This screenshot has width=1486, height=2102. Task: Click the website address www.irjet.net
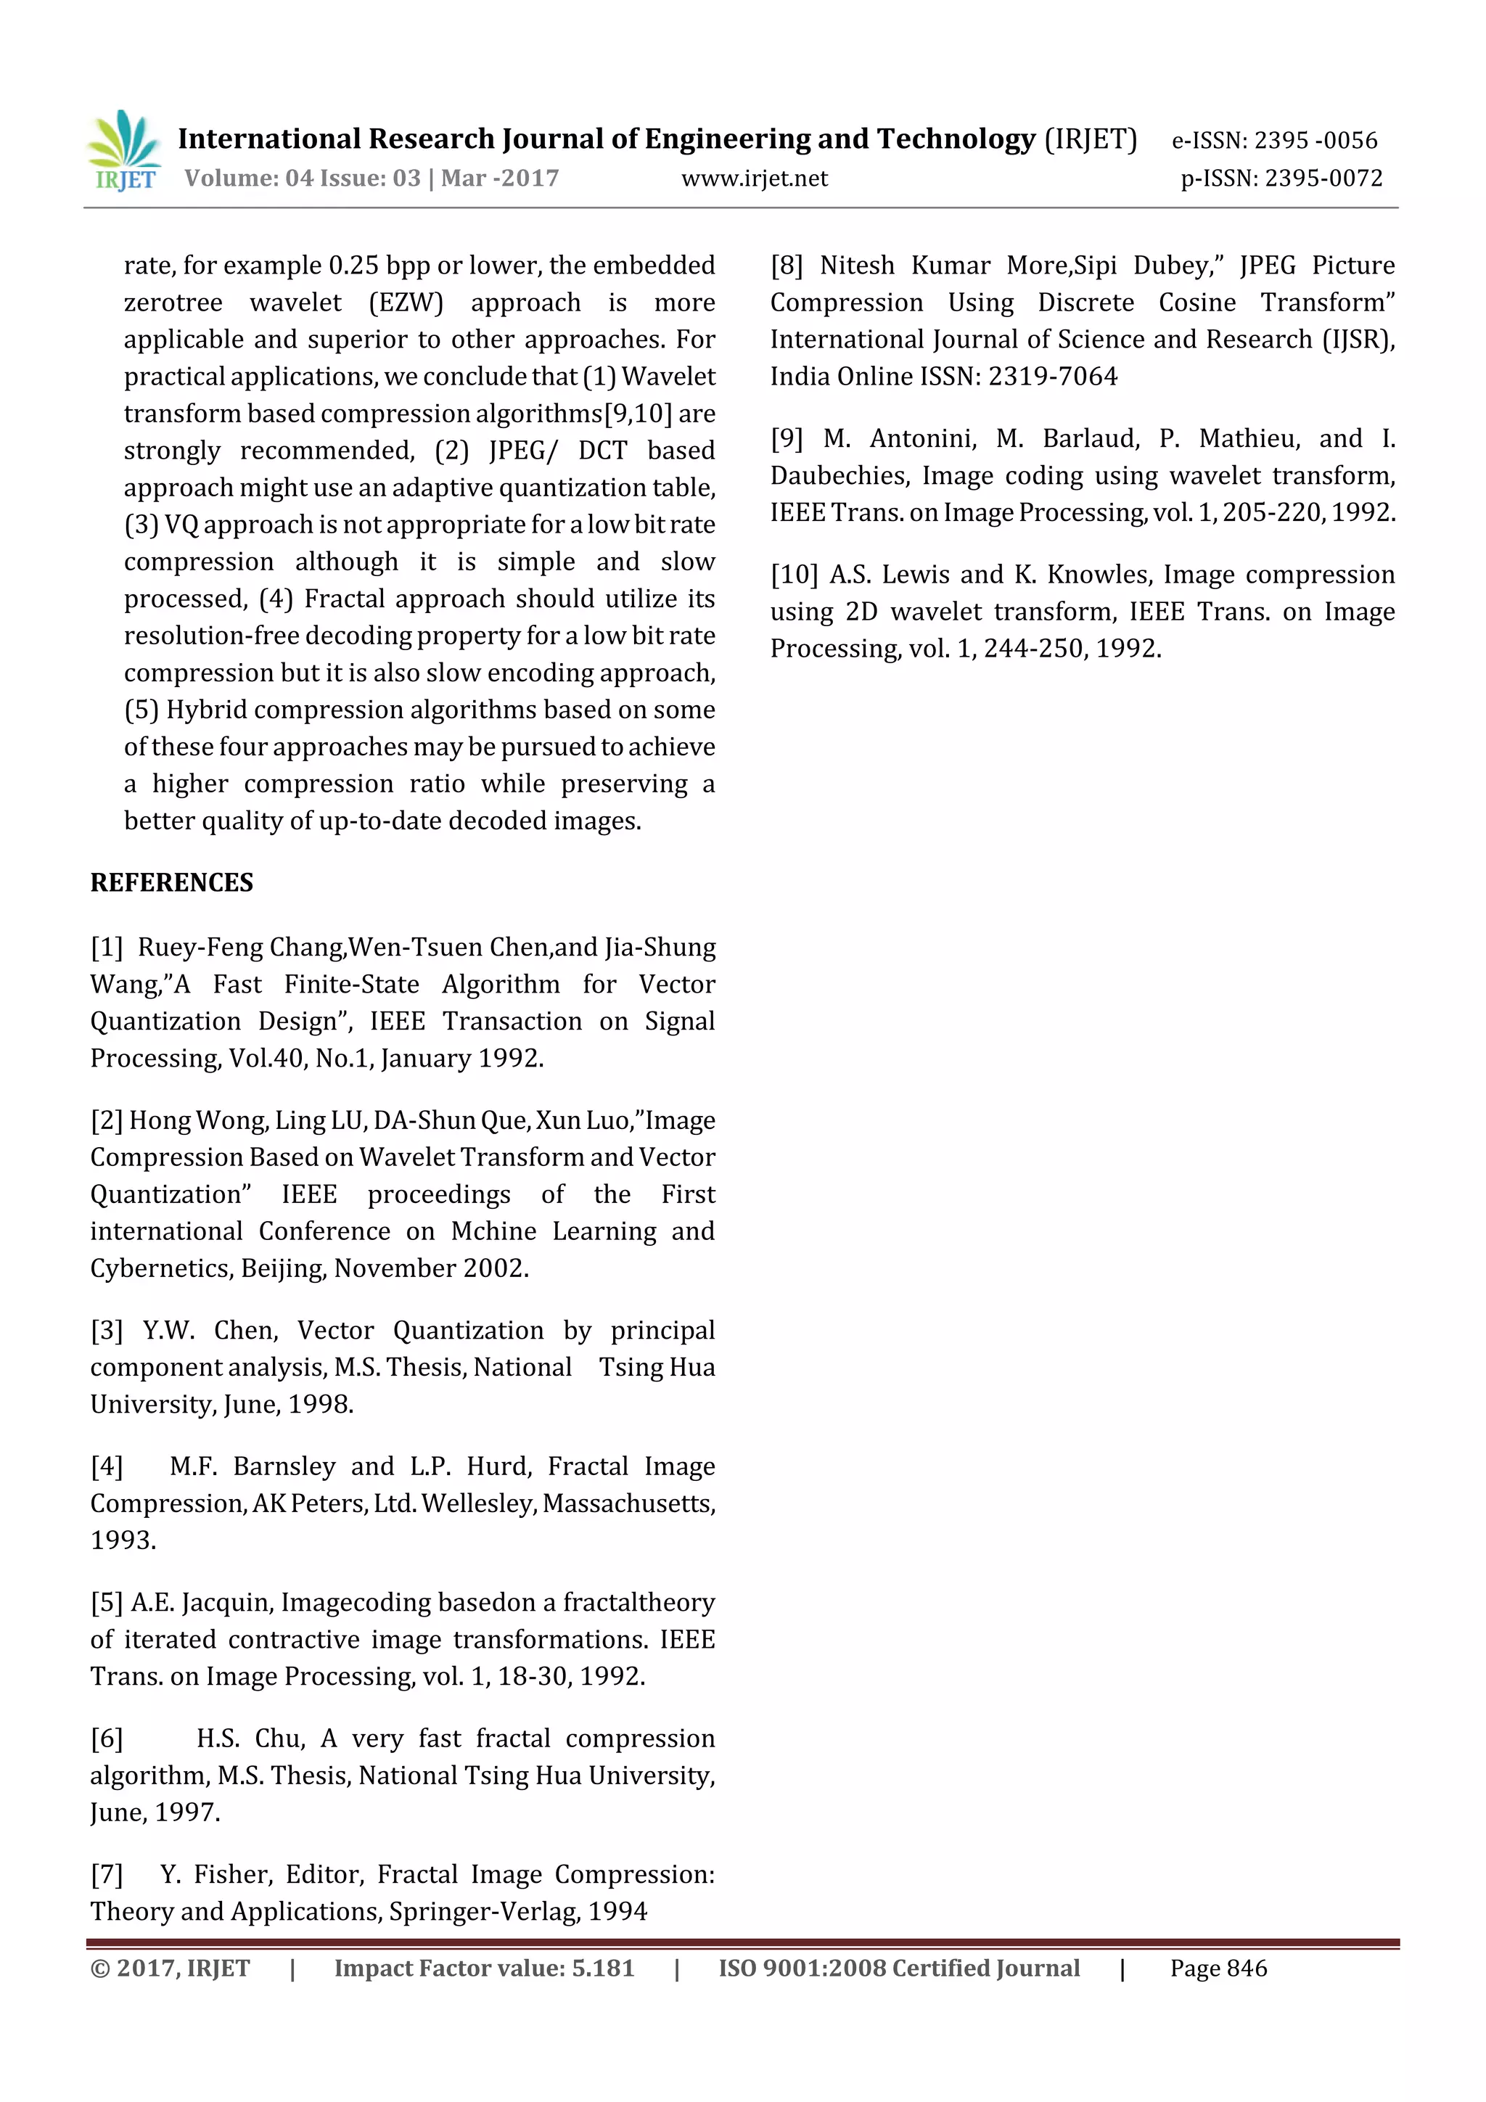tap(755, 178)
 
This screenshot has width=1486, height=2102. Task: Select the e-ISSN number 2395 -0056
tap(1315, 140)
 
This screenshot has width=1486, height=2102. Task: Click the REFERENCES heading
tap(171, 882)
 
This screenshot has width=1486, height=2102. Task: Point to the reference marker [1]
tap(106, 948)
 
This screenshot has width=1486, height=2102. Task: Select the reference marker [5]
tap(106, 1602)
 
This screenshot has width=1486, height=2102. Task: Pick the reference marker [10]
tap(793, 575)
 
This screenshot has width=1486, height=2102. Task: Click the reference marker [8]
tap(787, 266)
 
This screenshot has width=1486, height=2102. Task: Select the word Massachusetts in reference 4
tap(628, 1503)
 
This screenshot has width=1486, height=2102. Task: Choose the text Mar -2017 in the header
tap(500, 178)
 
